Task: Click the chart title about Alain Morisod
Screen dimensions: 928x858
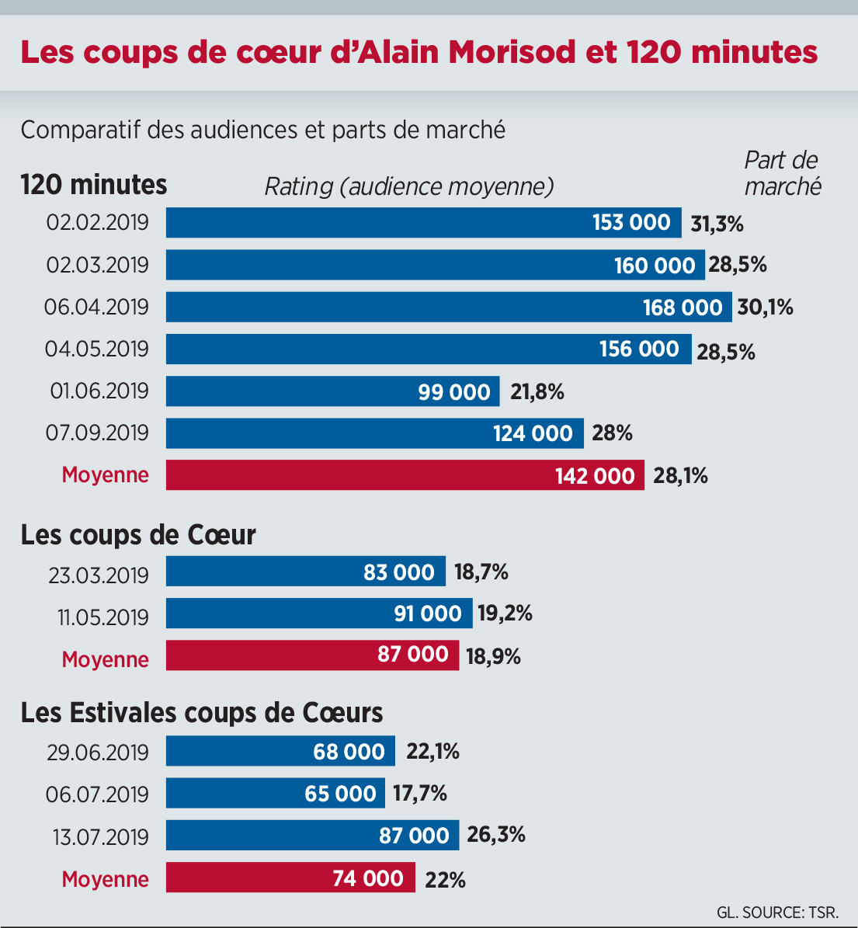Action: click(419, 53)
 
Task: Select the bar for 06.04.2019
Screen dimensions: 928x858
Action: click(449, 307)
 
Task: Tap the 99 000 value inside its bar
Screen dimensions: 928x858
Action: click(454, 392)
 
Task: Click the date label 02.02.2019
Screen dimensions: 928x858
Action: click(97, 223)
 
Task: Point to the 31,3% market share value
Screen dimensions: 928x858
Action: click(717, 224)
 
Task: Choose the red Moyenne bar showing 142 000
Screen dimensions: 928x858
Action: click(405, 475)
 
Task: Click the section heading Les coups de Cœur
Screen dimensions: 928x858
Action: click(138, 535)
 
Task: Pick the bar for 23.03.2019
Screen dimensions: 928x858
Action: click(305, 572)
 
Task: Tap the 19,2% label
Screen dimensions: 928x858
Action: click(505, 613)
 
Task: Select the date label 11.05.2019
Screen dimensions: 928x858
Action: click(102, 617)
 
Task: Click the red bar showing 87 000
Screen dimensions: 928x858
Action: click(312, 655)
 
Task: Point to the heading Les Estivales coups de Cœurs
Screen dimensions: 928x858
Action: click(202, 713)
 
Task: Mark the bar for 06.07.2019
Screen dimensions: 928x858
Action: click(276, 794)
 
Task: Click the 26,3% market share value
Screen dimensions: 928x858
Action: click(496, 835)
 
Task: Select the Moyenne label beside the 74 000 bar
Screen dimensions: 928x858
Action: click(105, 879)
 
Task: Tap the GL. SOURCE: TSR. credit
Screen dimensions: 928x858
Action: click(777, 912)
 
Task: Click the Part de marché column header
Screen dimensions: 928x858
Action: click(782, 173)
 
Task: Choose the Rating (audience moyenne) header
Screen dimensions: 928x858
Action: click(409, 187)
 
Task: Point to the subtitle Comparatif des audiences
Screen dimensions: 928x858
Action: click(262, 129)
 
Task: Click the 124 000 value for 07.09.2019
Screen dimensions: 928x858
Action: click(533, 433)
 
